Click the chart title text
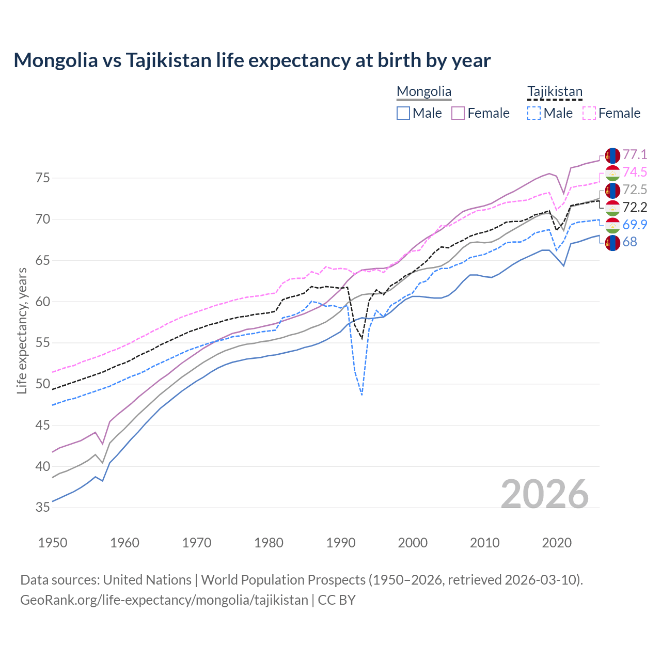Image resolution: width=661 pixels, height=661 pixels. coord(252,60)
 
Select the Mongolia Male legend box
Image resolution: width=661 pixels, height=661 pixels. coord(403,113)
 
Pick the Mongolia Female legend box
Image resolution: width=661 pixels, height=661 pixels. coord(458,113)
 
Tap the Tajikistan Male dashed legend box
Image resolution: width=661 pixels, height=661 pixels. coord(534,113)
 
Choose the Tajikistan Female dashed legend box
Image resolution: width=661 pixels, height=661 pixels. coord(589,113)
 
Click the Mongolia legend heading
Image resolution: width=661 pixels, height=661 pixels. coord(424,92)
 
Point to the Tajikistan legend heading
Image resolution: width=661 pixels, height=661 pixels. coord(555,92)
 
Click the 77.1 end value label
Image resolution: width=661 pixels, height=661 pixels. coord(635,154)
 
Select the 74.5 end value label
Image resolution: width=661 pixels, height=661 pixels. coord(635,172)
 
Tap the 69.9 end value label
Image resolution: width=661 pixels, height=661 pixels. coord(635,225)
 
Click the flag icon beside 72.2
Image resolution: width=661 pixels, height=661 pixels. coord(612,208)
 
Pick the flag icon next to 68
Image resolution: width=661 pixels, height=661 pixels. coord(612,243)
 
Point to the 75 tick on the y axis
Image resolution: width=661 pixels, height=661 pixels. coord(43,178)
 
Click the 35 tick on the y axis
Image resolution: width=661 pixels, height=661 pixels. coord(43,508)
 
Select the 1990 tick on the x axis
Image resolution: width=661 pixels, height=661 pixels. coord(341,543)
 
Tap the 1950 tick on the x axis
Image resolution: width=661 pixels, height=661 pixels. coord(53,543)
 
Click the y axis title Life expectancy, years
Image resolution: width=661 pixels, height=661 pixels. coord(22,330)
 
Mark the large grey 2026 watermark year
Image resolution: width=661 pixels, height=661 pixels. coord(545,494)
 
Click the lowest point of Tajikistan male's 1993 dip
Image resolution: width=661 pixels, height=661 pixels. coord(362,395)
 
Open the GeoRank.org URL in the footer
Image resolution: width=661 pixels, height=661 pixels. coord(164,600)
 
